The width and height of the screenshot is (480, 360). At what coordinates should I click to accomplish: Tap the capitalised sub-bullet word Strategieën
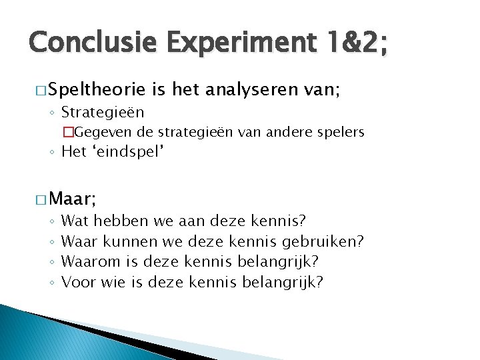[103, 111]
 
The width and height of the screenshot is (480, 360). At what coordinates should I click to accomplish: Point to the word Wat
[75, 221]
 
